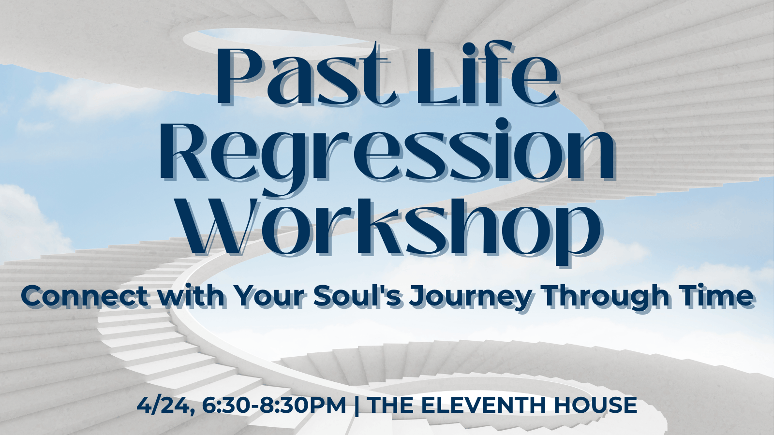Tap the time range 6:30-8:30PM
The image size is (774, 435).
274,405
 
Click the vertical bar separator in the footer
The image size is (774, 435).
357,406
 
